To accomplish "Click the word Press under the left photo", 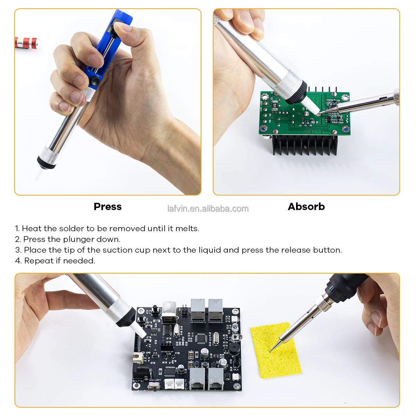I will [x=107, y=207].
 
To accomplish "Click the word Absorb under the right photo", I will [x=306, y=207].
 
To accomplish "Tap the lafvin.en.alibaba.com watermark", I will [x=208, y=209].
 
